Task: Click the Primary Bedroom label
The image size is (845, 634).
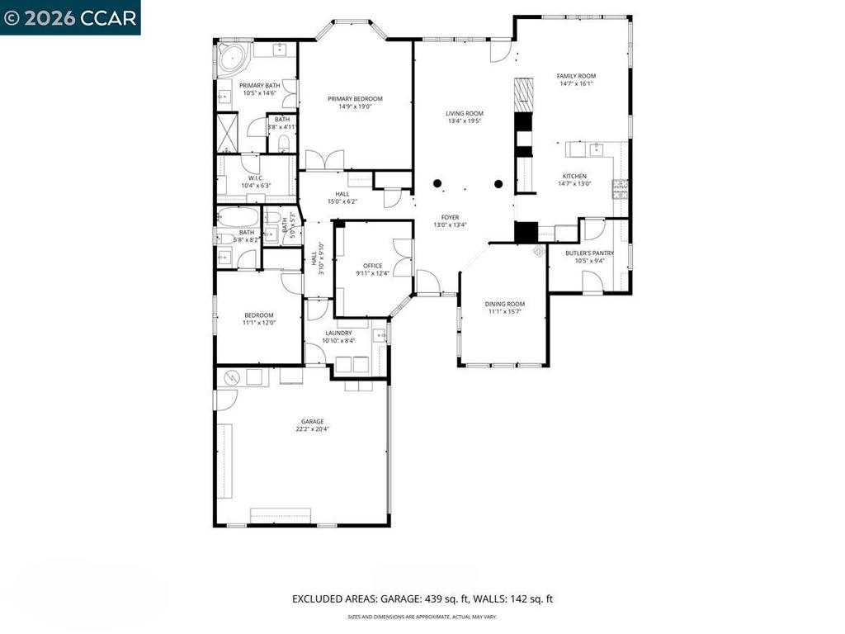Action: click(355, 98)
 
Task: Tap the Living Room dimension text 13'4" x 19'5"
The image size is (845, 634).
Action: click(465, 121)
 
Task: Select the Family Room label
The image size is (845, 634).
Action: click(576, 76)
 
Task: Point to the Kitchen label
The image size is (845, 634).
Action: click(574, 176)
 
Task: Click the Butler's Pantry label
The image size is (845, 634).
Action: click(589, 253)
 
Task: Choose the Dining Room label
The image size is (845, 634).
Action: click(504, 304)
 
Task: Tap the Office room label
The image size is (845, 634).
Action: click(373, 266)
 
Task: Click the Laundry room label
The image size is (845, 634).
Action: click(338, 333)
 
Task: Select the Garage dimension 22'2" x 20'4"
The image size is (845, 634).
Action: click(312, 429)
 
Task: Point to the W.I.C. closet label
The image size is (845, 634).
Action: click(255, 178)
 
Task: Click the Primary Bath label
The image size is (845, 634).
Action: click(259, 85)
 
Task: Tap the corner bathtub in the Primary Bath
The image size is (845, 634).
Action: click(231, 58)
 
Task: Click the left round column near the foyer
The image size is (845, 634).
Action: click(439, 183)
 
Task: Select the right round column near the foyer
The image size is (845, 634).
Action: click(498, 183)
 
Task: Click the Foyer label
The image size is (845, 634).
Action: click(450, 217)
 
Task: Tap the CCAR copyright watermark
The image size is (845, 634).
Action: click(70, 17)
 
